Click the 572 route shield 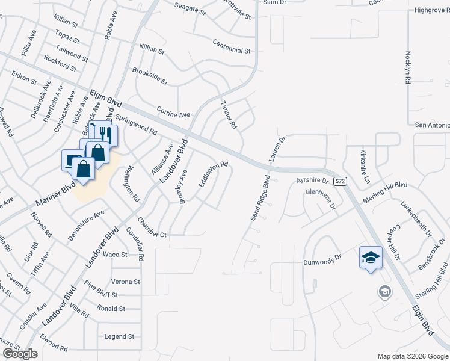pos(341,181)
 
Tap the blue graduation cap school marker pos(371,258)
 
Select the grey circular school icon pos(384,292)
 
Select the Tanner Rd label pos(229,115)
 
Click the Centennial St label pos(232,46)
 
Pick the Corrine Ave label pos(173,112)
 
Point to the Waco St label pos(115,255)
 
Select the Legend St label pos(119,336)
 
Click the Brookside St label pos(150,76)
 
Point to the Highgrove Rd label pos(432,10)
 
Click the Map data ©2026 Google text pos(412,356)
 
